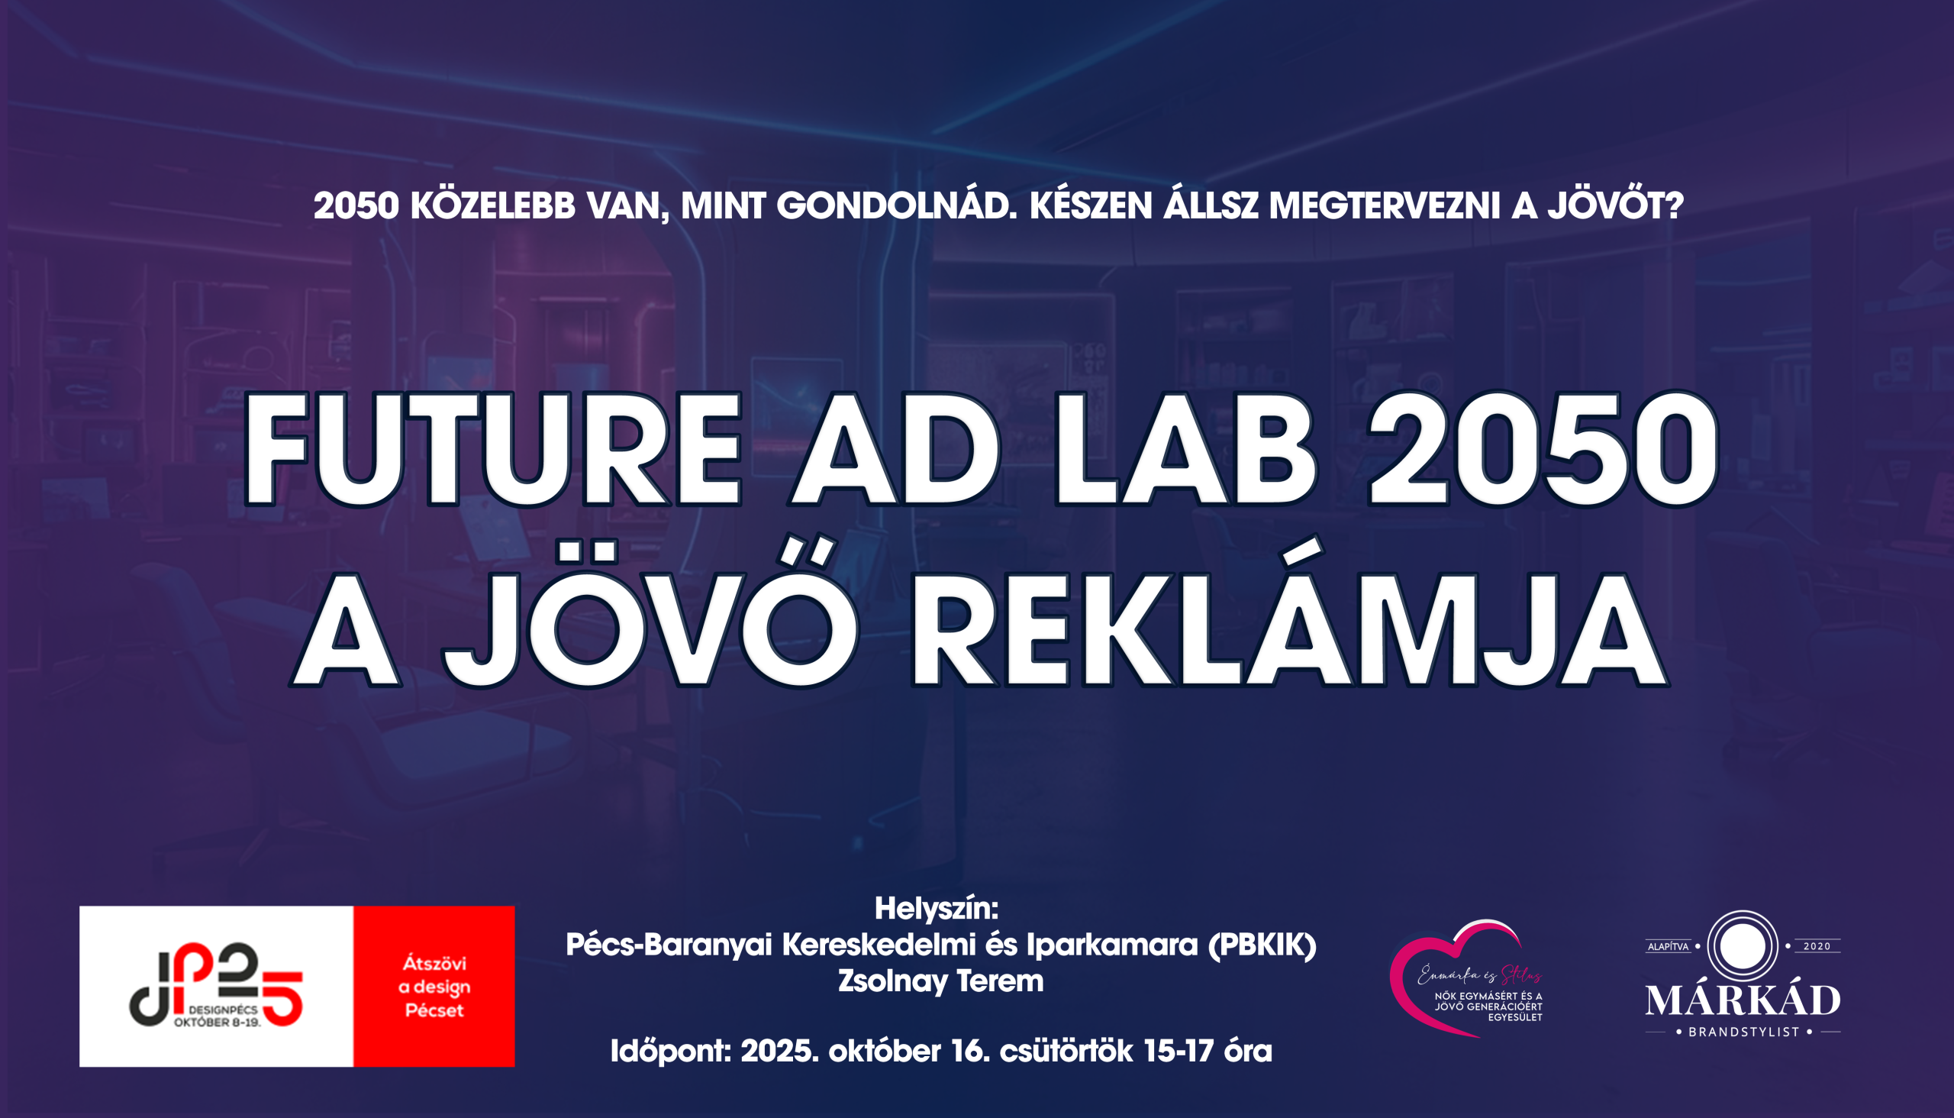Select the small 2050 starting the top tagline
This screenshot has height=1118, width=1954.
[356, 205]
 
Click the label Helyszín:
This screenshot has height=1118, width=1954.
[937, 910]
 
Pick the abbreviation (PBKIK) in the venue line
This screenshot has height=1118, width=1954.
[1262, 945]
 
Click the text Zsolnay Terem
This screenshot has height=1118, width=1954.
[940, 981]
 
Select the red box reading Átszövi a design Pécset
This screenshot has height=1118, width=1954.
[434, 987]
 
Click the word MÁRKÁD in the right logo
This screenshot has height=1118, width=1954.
[1743, 1000]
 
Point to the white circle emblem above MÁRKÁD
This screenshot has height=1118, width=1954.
[1742, 945]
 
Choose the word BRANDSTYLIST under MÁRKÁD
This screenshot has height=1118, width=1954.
[1743, 1032]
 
